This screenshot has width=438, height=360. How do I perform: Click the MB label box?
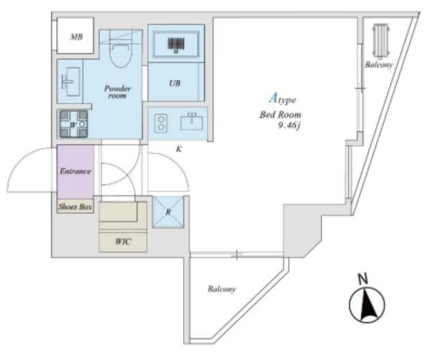click(76, 36)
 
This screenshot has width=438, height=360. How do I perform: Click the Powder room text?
click(117, 92)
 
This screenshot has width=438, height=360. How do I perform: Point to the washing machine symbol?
click(72, 124)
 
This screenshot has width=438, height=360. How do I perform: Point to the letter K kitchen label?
click(178, 147)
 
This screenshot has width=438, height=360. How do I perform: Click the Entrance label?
click(75, 171)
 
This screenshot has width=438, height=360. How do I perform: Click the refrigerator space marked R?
click(166, 212)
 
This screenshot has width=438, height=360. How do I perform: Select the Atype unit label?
click(281, 99)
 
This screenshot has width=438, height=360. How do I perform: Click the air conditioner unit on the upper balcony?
click(380, 42)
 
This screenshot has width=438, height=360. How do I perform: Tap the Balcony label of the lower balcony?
click(222, 290)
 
